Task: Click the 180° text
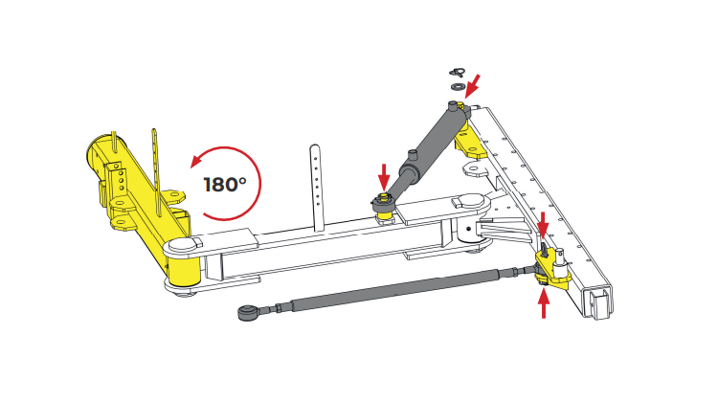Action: [x=225, y=185]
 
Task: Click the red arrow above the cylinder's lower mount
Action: [x=384, y=177]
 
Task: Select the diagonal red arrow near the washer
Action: [x=473, y=86]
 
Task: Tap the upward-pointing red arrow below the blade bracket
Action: [x=544, y=305]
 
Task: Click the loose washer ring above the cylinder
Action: [x=457, y=86]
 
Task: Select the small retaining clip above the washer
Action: [x=457, y=73]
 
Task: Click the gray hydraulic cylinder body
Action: [x=426, y=147]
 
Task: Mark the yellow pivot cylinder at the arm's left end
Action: [x=184, y=271]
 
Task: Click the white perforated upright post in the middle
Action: [x=316, y=188]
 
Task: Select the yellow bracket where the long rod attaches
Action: [x=552, y=270]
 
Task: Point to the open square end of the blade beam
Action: [x=599, y=302]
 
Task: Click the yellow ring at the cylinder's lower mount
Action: [x=384, y=199]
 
